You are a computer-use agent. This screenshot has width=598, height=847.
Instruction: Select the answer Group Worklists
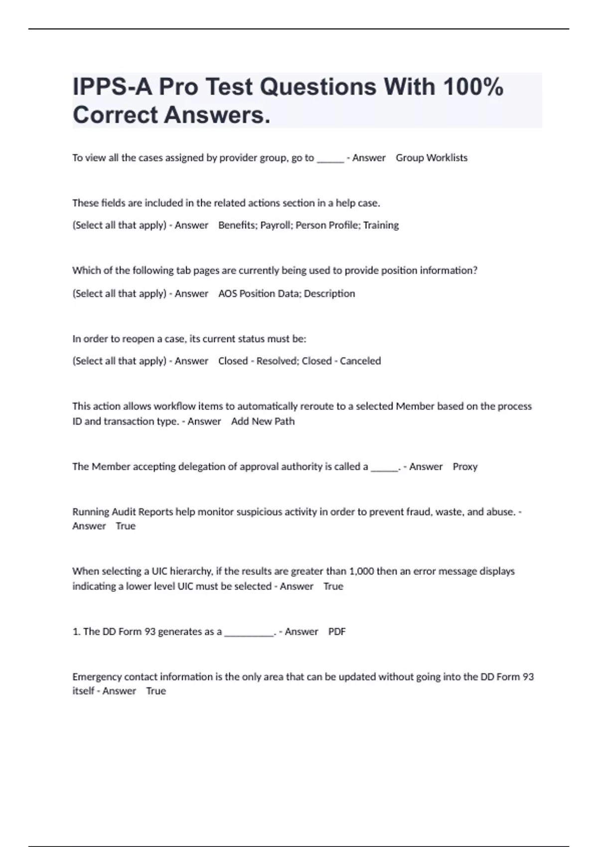click(432, 158)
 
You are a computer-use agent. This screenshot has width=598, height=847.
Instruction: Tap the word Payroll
click(276, 225)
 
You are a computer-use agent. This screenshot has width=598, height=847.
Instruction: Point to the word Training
click(381, 225)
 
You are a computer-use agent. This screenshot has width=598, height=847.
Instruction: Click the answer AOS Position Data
click(259, 293)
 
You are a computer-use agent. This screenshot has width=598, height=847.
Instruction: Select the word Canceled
click(360, 361)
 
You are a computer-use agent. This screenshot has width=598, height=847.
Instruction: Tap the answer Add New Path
click(263, 422)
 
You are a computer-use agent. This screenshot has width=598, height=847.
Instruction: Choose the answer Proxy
click(465, 467)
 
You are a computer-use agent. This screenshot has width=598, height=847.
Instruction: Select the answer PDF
click(337, 632)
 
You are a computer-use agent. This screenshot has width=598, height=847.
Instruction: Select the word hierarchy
click(192, 571)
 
